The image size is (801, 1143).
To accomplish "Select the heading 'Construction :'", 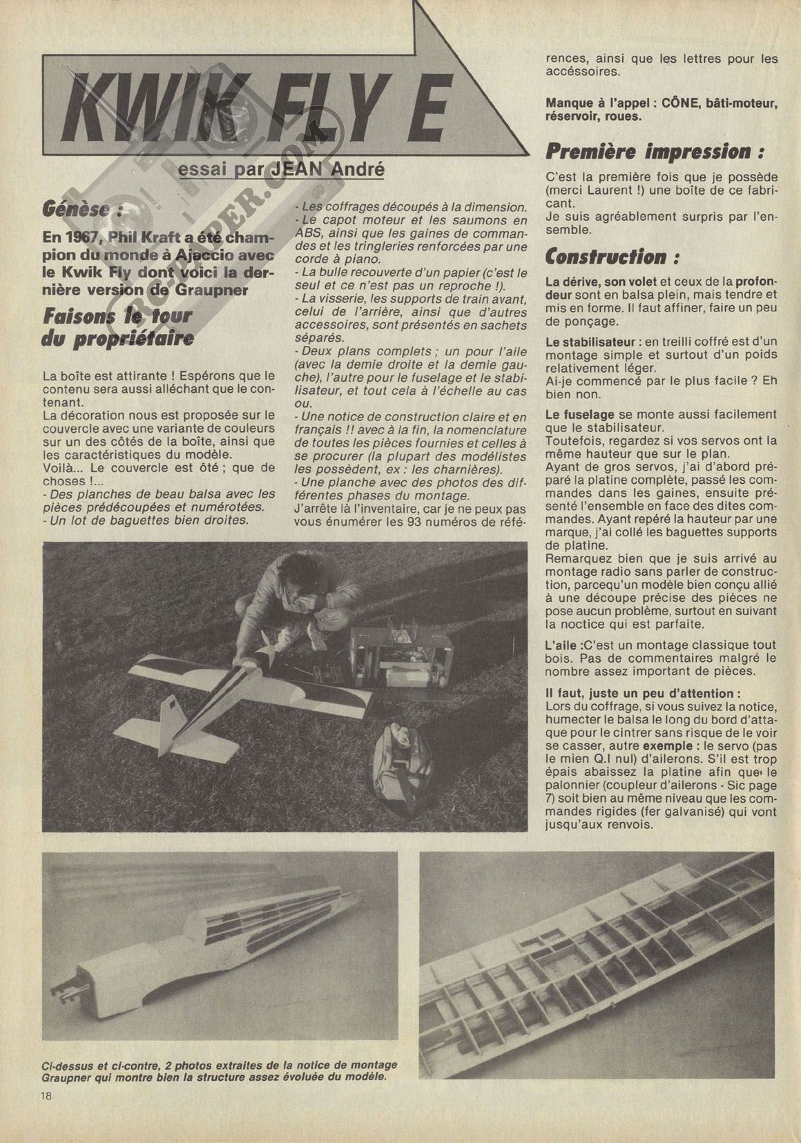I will tap(612, 257).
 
